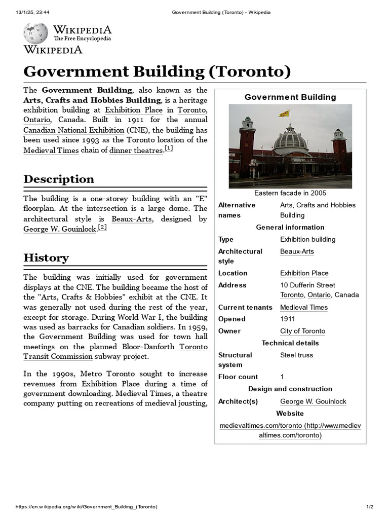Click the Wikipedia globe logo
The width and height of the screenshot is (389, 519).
click(35, 33)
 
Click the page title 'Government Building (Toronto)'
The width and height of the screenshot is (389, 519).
click(157, 71)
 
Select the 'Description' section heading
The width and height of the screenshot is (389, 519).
click(59, 179)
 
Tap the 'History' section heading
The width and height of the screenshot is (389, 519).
click(46, 257)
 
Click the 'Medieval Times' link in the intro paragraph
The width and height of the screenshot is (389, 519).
click(51, 150)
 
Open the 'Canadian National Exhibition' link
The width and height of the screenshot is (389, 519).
click(73, 130)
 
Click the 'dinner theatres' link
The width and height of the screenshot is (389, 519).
click(136, 150)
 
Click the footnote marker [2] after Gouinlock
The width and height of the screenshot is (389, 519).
click(102, 228)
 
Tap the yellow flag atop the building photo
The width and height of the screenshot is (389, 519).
click(285, 114)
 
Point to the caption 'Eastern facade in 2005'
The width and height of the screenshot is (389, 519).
click(290, 193)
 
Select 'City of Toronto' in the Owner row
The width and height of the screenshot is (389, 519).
click(302, 331)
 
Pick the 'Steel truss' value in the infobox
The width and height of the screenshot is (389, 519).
click(296, 355)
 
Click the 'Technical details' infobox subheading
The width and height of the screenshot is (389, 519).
click(290, 343)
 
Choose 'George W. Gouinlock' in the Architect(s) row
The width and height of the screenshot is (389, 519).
click(313, 401)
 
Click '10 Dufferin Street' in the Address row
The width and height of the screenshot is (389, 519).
click(307, 285)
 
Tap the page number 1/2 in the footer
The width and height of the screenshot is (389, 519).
click(370, 507)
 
